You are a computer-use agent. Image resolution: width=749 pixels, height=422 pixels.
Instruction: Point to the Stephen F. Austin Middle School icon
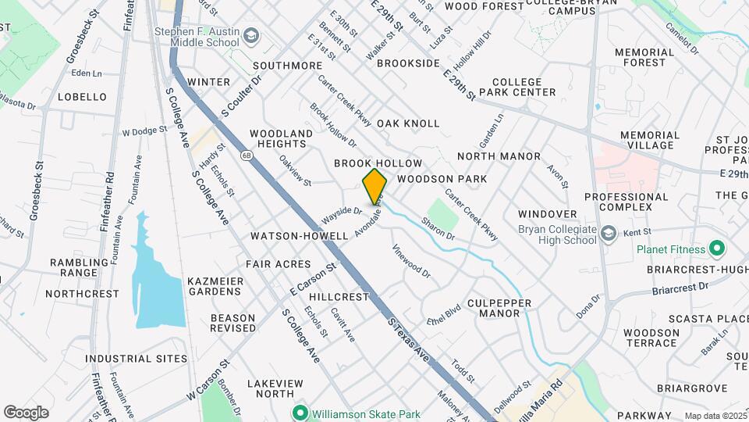[251, 37]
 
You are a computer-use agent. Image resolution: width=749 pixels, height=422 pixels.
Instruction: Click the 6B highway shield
[247, 155]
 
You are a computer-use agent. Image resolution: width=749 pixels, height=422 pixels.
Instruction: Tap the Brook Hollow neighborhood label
[378, 163]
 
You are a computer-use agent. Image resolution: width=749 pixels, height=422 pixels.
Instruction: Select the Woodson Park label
[442, 179]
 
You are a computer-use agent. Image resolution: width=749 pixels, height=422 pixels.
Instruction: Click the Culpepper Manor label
[499, 308]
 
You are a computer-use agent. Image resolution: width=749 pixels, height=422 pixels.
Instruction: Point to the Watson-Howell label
[299, 235]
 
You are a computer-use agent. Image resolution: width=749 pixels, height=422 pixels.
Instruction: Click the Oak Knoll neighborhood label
[408, 123]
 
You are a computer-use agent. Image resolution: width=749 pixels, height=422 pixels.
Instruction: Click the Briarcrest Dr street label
[680, 288]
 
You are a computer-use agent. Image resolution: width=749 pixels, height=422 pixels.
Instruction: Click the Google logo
[26, 412]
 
